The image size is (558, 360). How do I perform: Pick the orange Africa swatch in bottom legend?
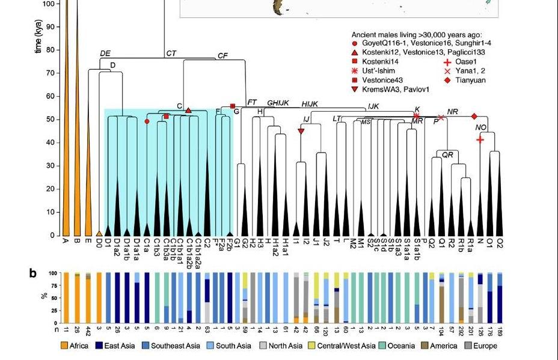64,346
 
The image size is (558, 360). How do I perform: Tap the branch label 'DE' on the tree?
105,53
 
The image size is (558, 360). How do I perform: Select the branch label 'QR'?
447,154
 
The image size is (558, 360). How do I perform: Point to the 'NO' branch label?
480,127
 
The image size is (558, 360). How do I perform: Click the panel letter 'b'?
33,273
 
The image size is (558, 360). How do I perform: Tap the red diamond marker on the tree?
474,116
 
